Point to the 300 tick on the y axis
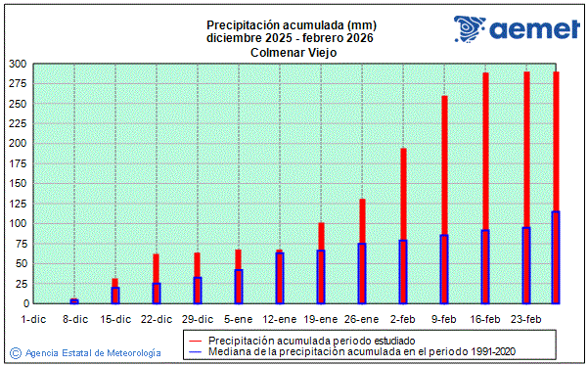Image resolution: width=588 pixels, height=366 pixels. pos(17,64)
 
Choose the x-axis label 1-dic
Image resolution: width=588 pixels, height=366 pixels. pos(33,319)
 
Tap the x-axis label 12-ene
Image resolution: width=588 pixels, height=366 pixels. pos(280,319)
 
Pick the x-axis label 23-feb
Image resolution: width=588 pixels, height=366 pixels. pos(526,319)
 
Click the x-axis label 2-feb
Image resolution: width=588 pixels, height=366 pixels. pos(403,319)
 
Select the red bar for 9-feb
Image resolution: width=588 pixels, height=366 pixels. pos(444,166)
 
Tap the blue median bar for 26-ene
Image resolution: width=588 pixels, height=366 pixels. pos(362,274)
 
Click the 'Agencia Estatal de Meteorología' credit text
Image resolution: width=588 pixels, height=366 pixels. pos(92,352)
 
